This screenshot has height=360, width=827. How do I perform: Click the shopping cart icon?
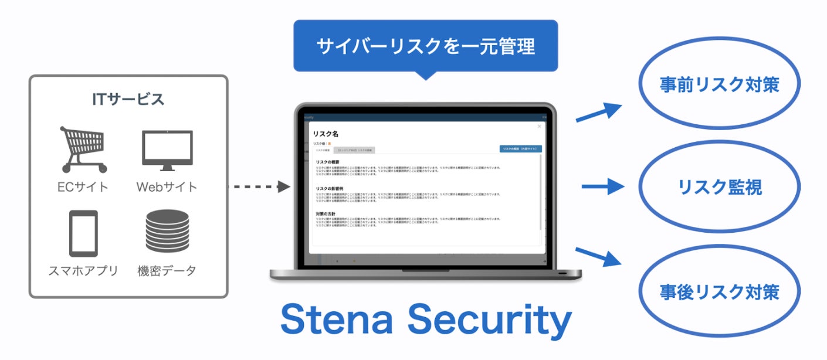click(x=83, y=149)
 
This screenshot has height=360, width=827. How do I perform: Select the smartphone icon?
click(x=83, y=233)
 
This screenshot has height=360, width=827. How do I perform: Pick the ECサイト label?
click(x=83, y=188)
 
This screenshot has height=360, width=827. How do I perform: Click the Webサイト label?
click(x=167, y=188)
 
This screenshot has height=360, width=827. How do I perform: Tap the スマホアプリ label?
click(x=83, y=271)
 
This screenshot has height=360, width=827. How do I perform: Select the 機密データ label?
click(x=167, y=271)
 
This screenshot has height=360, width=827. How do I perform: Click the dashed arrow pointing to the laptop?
click(x=259, y=187)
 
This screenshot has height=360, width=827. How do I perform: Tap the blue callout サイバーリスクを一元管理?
click(x=425, y=46)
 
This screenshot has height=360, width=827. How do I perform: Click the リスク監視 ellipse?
click(x=719, y=187)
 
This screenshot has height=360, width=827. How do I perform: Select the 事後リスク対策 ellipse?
click(x=719, y=291)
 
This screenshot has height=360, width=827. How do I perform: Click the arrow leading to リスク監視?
click(x=602, y=187)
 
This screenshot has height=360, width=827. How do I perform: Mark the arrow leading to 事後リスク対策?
click(x=598, y=256)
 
